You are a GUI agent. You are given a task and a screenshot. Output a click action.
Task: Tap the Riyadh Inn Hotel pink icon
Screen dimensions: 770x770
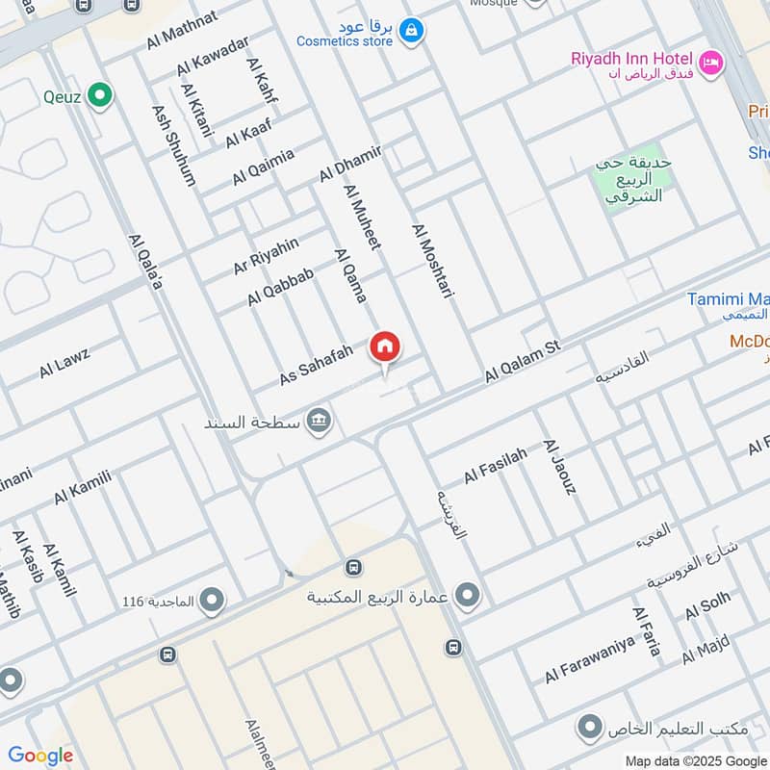click(711, 63)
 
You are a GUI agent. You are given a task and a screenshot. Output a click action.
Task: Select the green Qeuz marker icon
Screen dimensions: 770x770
click(98, 95)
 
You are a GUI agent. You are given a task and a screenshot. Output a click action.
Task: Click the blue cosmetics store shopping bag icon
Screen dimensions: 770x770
click(412, 32)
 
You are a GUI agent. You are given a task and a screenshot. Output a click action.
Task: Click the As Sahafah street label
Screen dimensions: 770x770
click(317, 367)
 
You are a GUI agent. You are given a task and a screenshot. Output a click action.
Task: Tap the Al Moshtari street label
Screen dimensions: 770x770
click(432, 261)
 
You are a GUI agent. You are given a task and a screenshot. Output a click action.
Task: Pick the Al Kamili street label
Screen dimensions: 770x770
click(84, 487)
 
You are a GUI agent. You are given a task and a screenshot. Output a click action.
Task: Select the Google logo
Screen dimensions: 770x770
click(40, 756)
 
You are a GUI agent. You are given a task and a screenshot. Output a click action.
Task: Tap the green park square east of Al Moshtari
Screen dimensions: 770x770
click(632, 179)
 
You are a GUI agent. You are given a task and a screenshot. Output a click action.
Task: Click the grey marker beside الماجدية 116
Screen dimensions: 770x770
click(212, 602)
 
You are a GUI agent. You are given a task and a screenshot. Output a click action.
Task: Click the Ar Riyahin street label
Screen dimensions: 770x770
click(266, 255)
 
